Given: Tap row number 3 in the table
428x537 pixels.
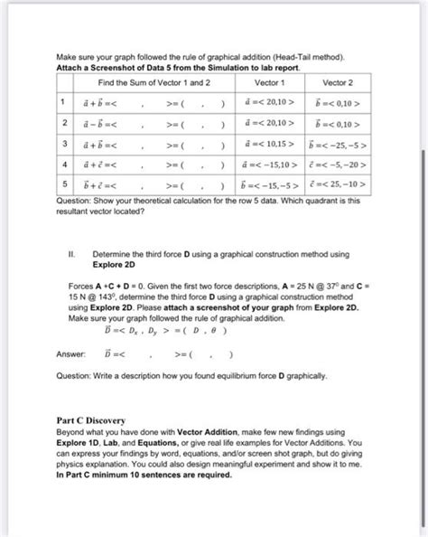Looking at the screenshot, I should (64, 143).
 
